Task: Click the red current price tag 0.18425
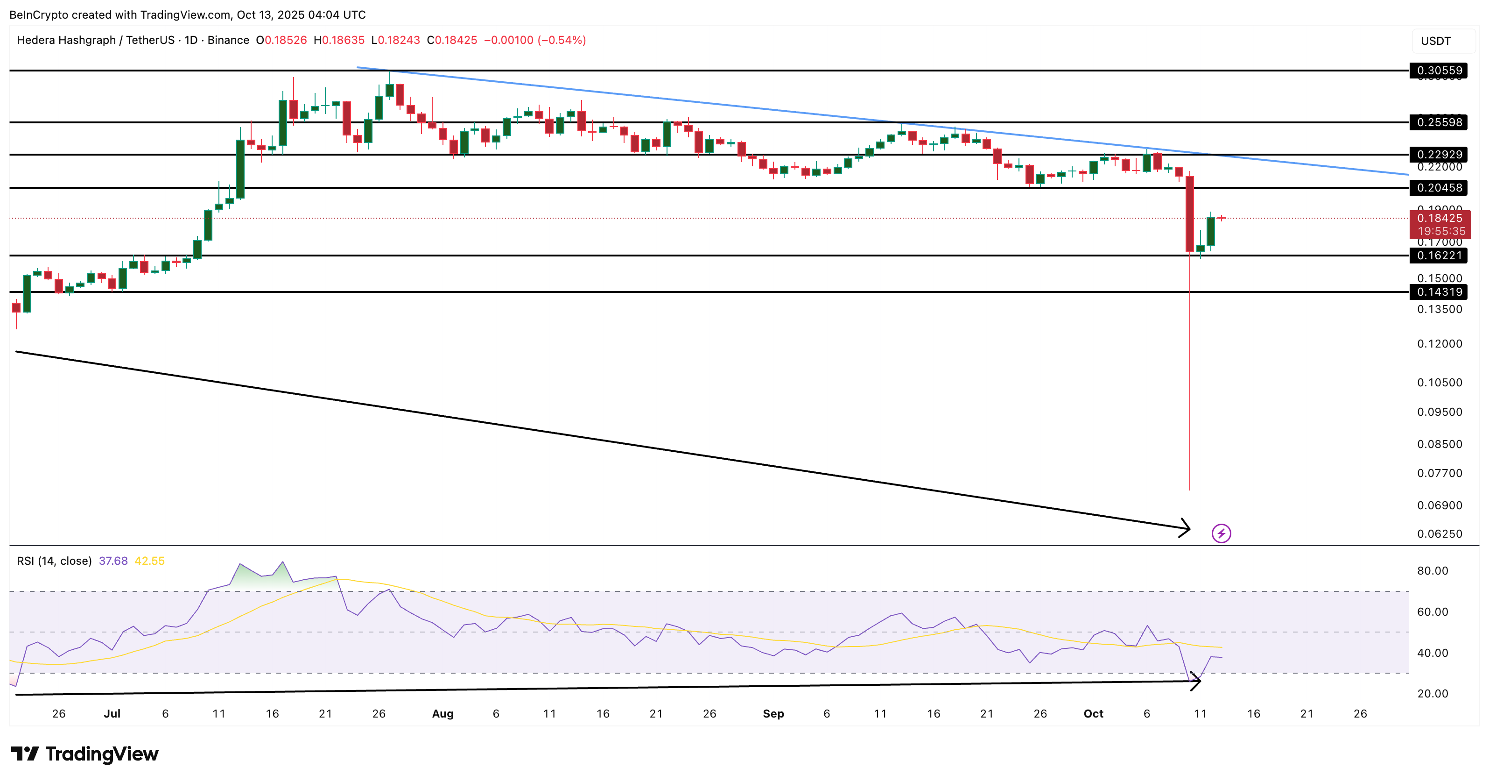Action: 1440,219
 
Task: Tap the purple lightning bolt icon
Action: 1221,533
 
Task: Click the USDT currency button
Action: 1436,41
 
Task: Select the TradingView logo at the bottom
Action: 85,754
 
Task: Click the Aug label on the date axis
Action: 443,714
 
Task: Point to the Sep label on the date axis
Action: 773,714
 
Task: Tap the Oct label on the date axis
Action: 1093,714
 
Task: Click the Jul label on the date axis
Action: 112,714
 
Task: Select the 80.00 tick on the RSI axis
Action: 1433,571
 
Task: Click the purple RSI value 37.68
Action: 113,561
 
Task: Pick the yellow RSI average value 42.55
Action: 150,561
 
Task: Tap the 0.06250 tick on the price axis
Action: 1440,534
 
